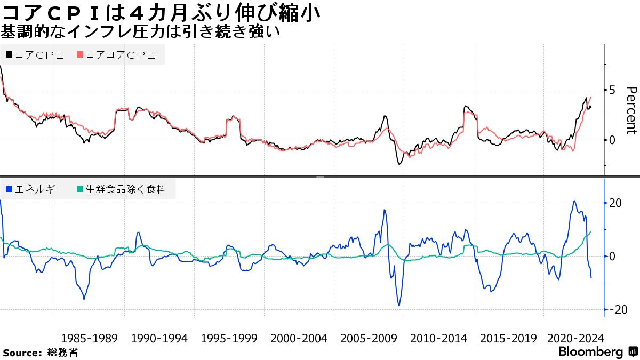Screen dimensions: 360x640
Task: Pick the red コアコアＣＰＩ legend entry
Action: pyautogui.click(x=116, y=55)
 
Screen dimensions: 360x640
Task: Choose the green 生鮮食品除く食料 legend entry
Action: pyautogui.click(x=125, y=189)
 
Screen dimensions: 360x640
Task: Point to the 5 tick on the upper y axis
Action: pyautogui.click(x=612, y=90)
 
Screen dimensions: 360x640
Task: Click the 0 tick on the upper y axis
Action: pyautogui.click(x=612, y=140)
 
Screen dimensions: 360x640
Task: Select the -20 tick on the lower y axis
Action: pyautogui.click(x=614, y=309)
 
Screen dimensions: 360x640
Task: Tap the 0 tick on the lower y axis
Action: pyautogui.click(x=612, y=256)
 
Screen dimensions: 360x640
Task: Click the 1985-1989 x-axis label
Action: pyautogui.click(x=89, y=338)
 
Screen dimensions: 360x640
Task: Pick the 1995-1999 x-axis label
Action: pyautogui.click(x=229, y=338)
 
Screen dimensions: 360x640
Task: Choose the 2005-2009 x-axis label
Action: pyautogui.click(x=368, y=338)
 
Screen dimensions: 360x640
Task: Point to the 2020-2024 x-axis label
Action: pyautogui.click(x=575, y=338)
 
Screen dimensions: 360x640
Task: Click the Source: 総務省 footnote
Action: pyautogui.click(x=41, y=353)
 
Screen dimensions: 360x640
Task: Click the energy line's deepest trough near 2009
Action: pyautogui.click(x=398, y=306)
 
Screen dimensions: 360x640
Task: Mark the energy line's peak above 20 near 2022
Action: pyautogui.click(x=574, y=201)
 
